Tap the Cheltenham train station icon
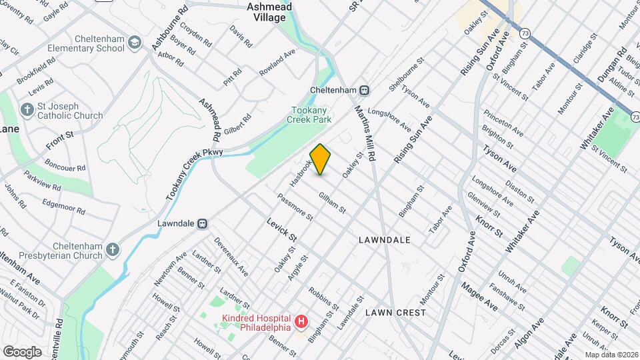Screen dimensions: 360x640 [x=365, y=90]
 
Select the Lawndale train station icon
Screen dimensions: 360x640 [x=202, y=224]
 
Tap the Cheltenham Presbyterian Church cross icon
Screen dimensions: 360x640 [x=113, y=250]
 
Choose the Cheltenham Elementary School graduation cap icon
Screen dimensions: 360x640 [x=135, y=43]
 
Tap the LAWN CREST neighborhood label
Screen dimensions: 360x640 [x=395, y=312]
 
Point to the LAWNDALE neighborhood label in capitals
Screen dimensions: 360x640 [x=384, y=239]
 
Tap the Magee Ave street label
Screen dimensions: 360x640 [x=479, y=295]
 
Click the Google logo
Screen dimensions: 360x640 [x=22, y=351]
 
